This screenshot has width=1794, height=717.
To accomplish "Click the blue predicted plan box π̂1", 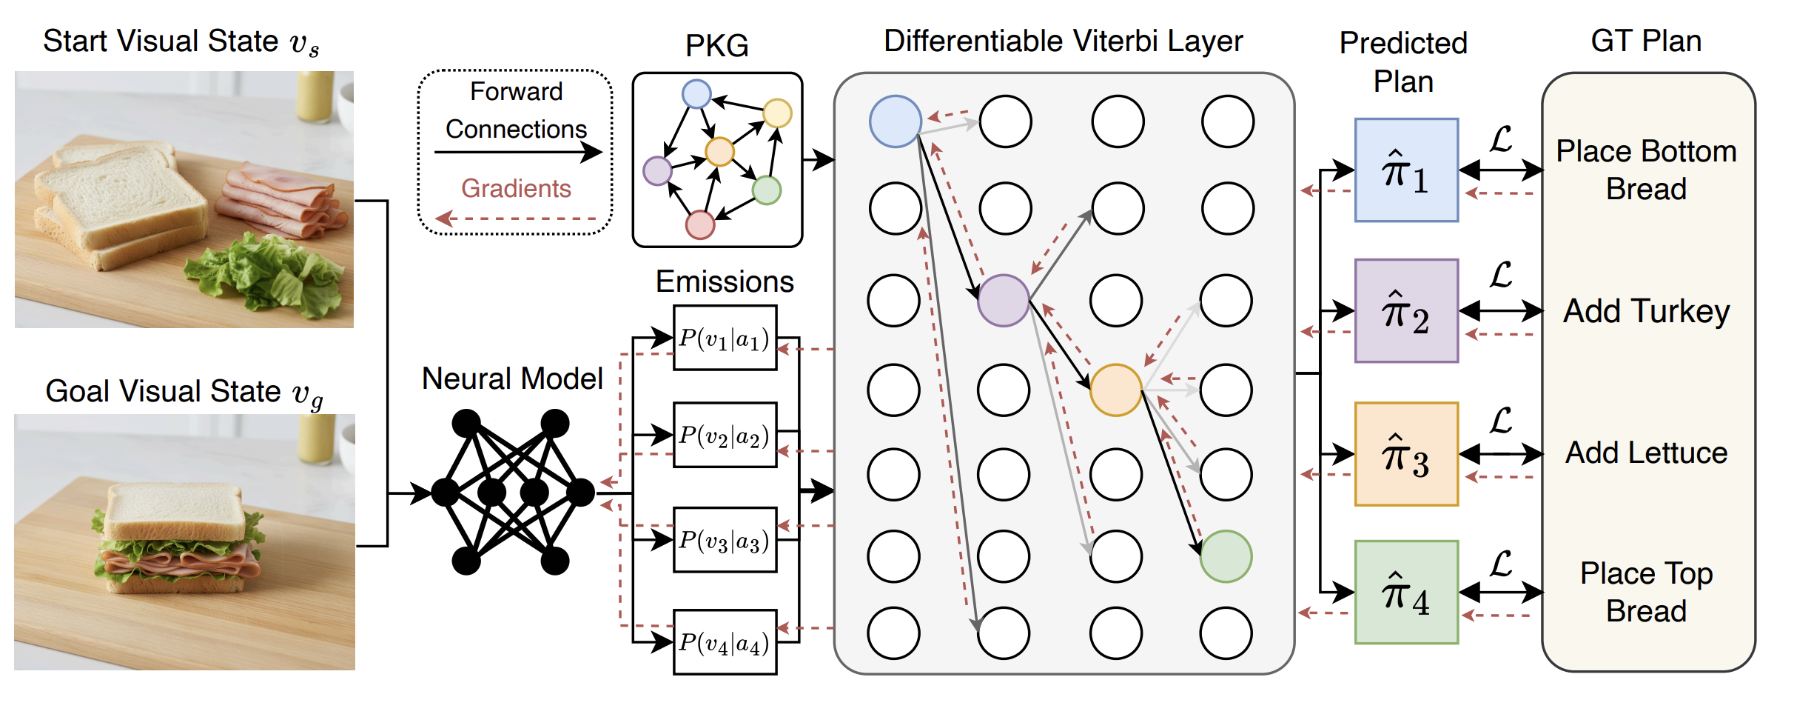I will tap(1406, 170).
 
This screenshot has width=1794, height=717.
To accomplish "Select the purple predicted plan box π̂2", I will tap(1406, 311).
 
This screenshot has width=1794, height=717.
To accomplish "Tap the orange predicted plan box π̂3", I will tap(1406, 454).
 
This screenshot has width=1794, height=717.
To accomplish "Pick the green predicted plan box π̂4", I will tap(1406, 593).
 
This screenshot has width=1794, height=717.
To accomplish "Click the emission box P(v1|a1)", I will tap(725, 338).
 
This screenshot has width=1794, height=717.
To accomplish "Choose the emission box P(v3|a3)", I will tap(725, 540).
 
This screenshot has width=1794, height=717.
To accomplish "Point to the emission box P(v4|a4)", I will tap(725, 642).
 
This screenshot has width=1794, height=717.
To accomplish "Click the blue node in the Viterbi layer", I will tap(896, 121).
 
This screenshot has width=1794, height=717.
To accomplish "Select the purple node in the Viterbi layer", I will tap(1004, 301).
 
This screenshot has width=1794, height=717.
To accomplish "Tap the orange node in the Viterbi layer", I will tap(1115, 390).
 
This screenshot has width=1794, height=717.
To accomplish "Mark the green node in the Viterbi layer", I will tap(1226, 556).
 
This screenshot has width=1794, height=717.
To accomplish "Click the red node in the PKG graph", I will tap(699, 224).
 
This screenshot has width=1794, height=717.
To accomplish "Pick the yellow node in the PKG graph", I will tap(777, 113).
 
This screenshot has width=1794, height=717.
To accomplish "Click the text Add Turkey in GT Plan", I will tap(1646, 311).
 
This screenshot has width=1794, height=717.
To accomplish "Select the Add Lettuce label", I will tap(1646, 453).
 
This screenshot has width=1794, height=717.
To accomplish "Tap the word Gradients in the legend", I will tap(516, 189).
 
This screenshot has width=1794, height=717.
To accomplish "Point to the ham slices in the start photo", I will tap(281, 196).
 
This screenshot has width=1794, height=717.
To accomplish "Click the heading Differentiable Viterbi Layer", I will tap(1063, 41).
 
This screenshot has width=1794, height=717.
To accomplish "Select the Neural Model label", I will tap(512, 378).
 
